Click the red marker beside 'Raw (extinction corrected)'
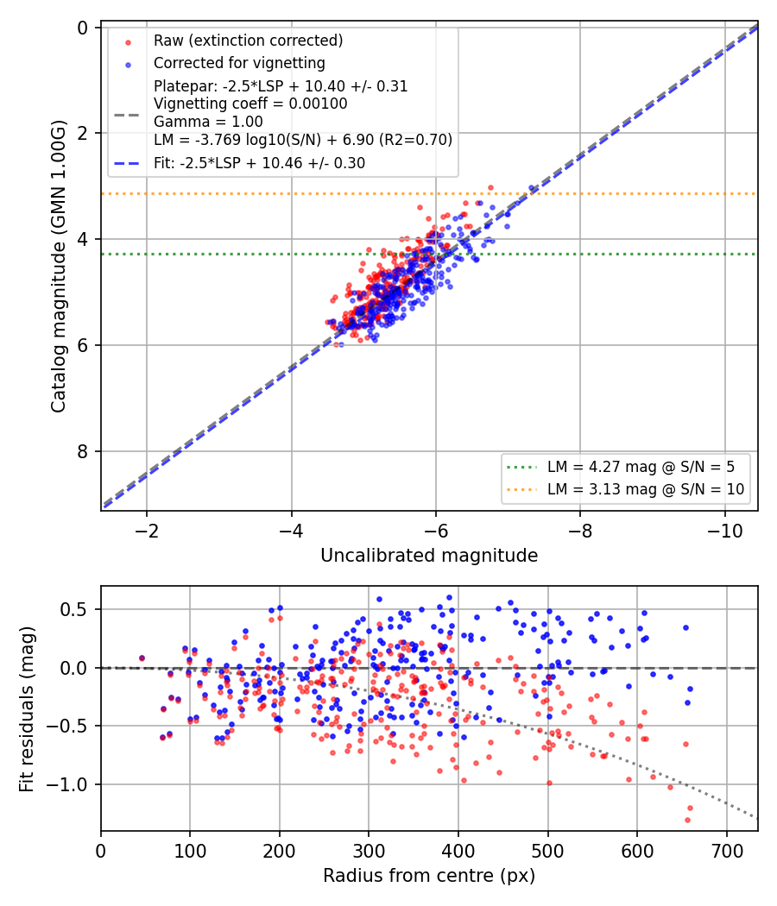tap(128, 42)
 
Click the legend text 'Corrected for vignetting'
tap(239, 63)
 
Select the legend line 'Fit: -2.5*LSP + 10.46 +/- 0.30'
tap(260, 163)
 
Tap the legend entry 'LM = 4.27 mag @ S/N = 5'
tap(641, 466)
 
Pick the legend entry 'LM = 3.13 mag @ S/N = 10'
tap(646, 489)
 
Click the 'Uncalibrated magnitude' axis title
tap(429, 556)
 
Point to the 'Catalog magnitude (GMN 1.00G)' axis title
tap(59, 267)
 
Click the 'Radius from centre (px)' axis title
tap(429, 876)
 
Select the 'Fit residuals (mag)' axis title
tap(27, 709)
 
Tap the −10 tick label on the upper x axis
tap(725, 531)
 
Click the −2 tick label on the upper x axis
tap(146, 531)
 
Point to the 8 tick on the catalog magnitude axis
tap(82, 451)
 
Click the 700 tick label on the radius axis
tap(727, 851)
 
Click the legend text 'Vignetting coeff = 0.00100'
tap(250, 104)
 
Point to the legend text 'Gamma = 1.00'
tap(208, 122)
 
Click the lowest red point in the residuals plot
tap(687, 820)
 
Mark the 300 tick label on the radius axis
tap(369, 851)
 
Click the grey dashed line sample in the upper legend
tap(127, 115)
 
